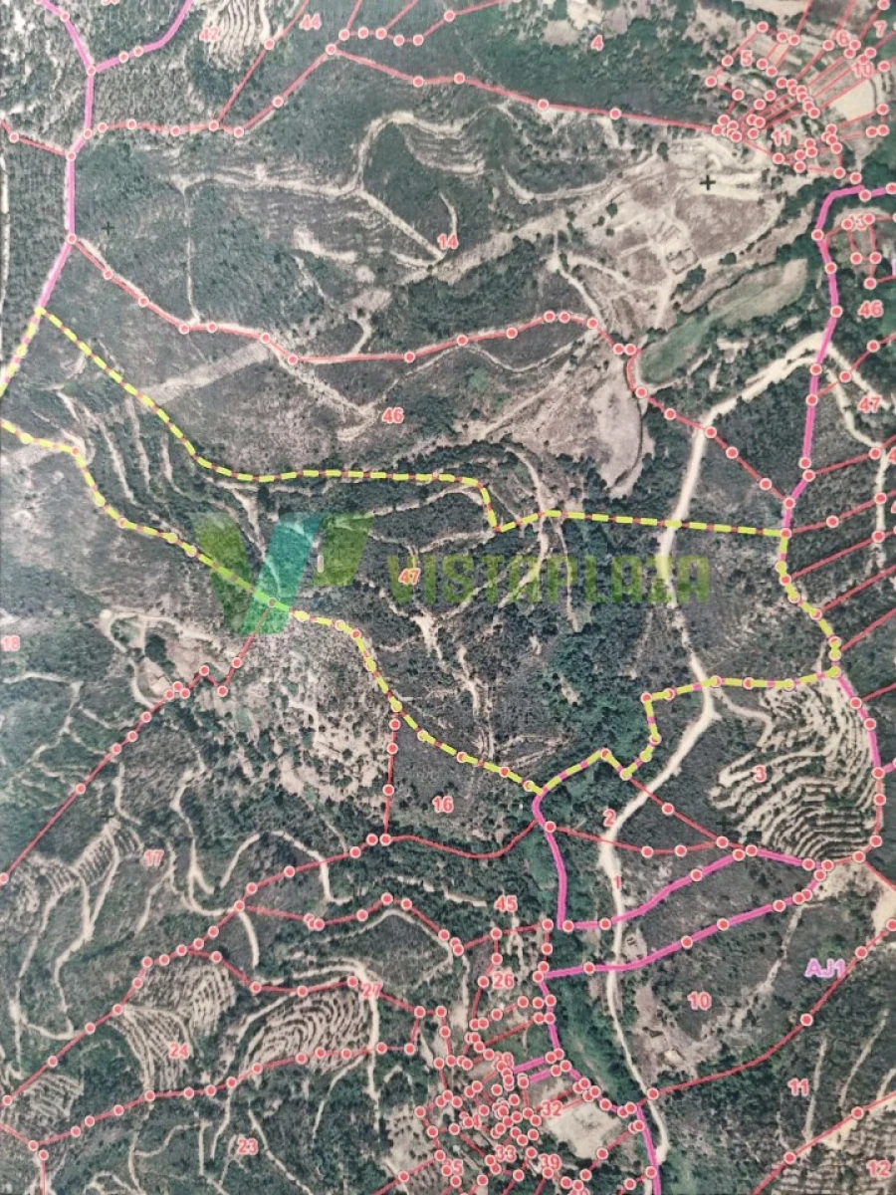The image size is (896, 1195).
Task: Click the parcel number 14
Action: coord(448,242)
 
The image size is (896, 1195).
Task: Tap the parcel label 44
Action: coord(311,22)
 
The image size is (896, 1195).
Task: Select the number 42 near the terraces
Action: coord(209,35)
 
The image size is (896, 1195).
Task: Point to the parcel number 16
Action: coord(443,804)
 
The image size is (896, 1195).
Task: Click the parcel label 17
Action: coord(152,857)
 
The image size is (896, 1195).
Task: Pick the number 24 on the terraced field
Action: coord(178,1050)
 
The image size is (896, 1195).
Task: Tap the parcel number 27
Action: coord(370,991)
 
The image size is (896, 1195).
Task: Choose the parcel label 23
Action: coord(247,1146)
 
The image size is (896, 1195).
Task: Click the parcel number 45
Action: coord(506,904)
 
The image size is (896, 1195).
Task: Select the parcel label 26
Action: coord(503,981)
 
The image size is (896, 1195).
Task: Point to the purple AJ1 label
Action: coord(825,967)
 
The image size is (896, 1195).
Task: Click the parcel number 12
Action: coord(876,1168)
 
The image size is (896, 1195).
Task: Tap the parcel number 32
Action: coord(551,1107)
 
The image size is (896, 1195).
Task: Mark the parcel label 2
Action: coord(609,819)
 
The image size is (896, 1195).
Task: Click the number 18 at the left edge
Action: coord(10,644)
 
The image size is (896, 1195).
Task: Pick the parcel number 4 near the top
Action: coord(596,43)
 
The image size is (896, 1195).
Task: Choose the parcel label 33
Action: coord(505,1153)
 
